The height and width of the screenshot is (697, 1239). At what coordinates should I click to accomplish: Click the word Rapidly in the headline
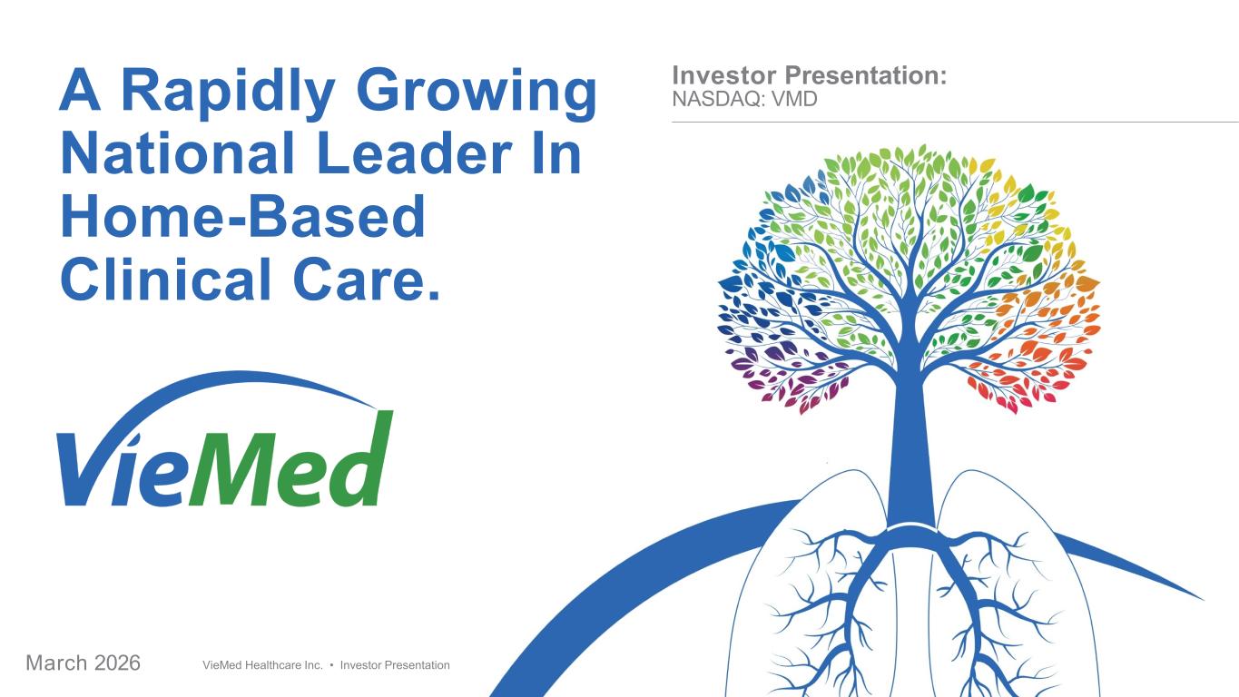[227, 92]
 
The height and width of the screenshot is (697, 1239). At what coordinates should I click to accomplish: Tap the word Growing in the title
[477, 92]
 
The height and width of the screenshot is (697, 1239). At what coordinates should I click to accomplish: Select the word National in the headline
[177, 153]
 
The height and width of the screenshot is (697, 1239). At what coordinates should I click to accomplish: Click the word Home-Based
[243, 216]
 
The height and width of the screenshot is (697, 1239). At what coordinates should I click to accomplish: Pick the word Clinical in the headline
[166, 279]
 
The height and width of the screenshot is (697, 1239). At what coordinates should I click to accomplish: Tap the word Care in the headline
[360, 279]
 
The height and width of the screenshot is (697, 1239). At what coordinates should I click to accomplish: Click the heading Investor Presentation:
[810, 75]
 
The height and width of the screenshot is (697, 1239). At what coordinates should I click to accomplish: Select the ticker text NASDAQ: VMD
[744, 100]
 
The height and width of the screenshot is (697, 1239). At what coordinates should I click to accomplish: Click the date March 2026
[83, 663]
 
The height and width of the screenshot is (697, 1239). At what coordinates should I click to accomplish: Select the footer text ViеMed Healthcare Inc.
[262, 665]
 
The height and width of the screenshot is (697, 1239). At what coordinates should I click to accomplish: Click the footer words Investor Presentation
[395, 665]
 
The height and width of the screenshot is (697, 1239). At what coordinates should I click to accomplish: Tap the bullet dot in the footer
[331, 665]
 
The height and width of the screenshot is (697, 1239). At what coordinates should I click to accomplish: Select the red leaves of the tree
[1023, 382]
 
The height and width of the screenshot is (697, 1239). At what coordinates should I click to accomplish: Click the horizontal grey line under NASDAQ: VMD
[955, 122]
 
